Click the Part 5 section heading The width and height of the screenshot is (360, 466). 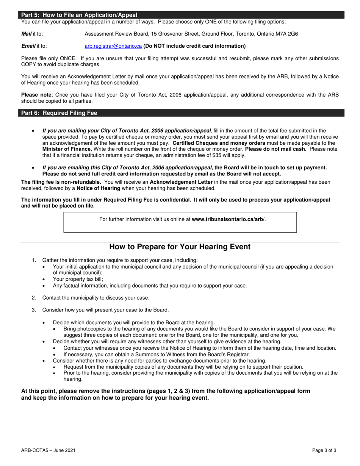tap(79, 15)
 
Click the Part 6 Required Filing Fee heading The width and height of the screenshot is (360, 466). tap(59, 113)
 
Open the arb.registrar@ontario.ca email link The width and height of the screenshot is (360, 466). tap(113, 46)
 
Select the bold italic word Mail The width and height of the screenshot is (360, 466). tap(27, 34)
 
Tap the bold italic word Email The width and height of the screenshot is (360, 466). tap(28, 46)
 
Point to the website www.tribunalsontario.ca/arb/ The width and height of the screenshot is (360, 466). tap(229, 219)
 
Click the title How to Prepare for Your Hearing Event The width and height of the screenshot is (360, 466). tap(180, 247)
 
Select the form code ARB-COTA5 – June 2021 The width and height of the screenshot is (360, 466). tap(48, 450)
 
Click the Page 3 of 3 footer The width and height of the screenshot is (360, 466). tap(324, 450)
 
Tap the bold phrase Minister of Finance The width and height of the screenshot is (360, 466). tap(67, 149)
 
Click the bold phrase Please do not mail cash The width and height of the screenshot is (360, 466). tap(275, 149)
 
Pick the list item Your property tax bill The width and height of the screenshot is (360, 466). tap(78, 279)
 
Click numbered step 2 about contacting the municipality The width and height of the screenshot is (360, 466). tap(95, 298)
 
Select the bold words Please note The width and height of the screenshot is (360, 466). tap(36, 95)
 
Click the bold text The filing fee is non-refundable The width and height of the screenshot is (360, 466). tap(61, 182)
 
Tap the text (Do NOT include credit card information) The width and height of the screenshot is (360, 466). tap(194, 46)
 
